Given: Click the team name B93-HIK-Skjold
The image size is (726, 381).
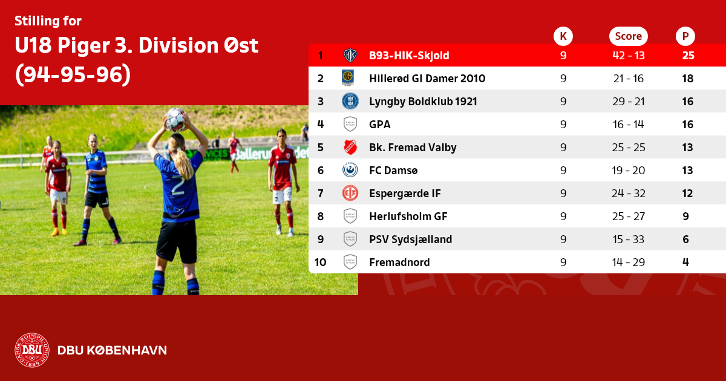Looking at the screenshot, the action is point(409,56).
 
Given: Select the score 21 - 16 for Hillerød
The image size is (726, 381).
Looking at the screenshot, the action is point(629,79).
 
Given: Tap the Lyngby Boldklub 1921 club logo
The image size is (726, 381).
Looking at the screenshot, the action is point(350,101).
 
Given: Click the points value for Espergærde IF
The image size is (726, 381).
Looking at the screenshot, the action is point(687,194).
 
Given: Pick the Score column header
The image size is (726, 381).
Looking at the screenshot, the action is point(629,36).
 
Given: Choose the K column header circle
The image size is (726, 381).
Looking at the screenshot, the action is point(563,36).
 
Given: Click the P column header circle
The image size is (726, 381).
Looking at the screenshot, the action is point(685,36).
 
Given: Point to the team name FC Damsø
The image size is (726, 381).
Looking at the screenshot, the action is point(393,171).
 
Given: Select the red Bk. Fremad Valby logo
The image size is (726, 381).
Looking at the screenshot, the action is point(350,147).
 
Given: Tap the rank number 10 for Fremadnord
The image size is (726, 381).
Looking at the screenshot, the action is point(320,262).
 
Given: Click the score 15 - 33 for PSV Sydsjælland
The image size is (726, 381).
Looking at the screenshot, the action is point(629,239).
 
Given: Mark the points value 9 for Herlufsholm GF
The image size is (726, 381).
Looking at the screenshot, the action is point(686,217).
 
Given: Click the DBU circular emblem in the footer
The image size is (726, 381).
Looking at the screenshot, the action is point(32,350).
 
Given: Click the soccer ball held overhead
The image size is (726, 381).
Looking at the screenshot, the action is point(175,120).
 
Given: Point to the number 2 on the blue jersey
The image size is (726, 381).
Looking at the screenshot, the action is point(178,186).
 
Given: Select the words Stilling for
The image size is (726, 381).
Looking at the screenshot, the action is point(48,21).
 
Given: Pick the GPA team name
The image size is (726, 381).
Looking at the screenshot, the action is point(379,125).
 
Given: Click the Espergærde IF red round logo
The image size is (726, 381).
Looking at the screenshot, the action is point(350,193).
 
